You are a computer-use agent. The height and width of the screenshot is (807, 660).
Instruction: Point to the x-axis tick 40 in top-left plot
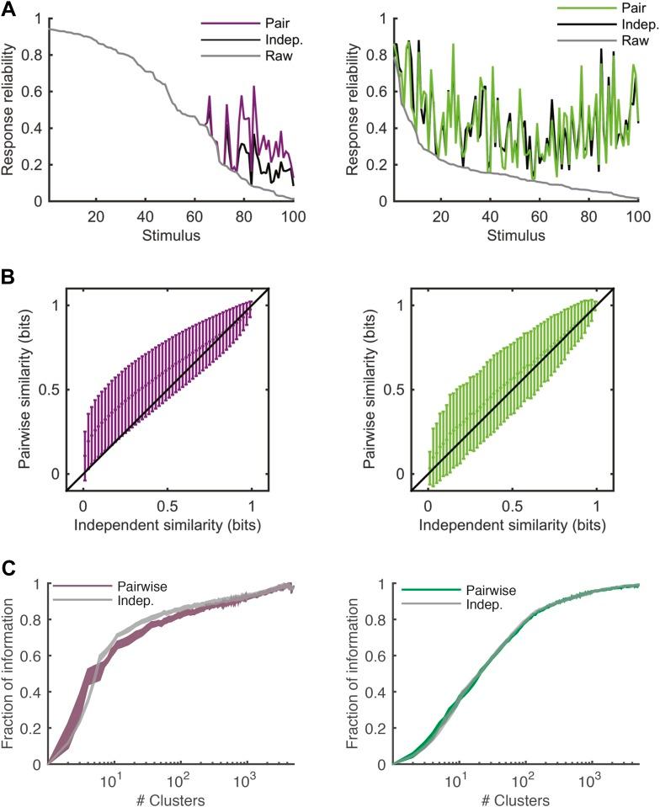pyautogui.click(x=146, y=217)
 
